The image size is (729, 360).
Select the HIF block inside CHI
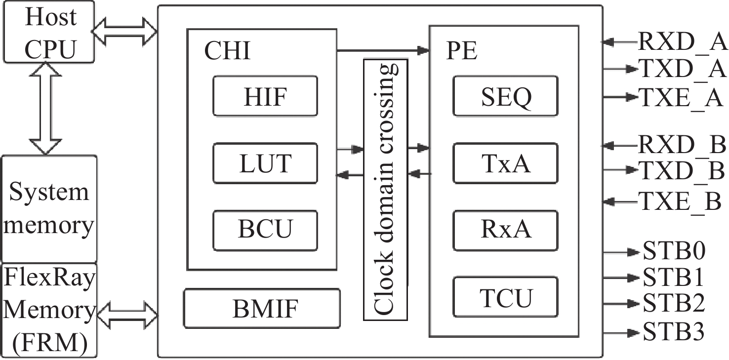tap(265, 96)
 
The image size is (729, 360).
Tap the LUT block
tap(265, 163)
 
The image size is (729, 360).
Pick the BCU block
tap(265, 229)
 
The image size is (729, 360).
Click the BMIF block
tap(262, 308)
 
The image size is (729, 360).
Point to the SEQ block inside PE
tap(506, 96)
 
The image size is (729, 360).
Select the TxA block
tap(506, 163)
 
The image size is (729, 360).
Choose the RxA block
tap(506, 229)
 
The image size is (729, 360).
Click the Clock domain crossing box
tap(386, 190)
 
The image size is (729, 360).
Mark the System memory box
tap(49, 209)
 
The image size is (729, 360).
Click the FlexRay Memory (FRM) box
tap(49, 310)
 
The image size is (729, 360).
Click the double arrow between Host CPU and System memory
tap(45, 111)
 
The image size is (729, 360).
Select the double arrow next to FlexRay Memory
tap(127, 313)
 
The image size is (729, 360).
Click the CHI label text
tap(228, 51)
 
